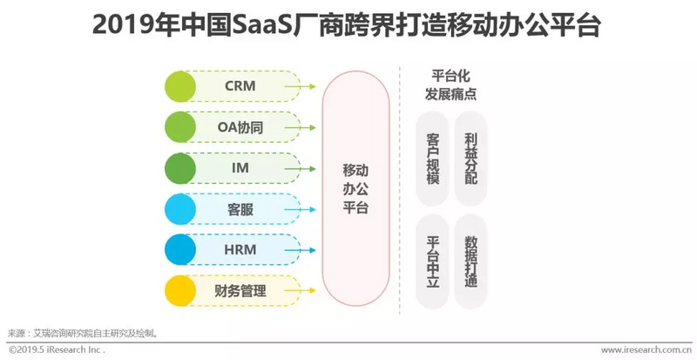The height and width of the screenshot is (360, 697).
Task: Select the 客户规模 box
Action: [x=433, y=158]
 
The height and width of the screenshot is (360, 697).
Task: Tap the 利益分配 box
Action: [x=470, y=158]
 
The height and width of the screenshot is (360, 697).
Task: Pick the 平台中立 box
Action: [x=433, y=260]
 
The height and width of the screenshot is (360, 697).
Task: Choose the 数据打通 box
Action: [x=470, y=260]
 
